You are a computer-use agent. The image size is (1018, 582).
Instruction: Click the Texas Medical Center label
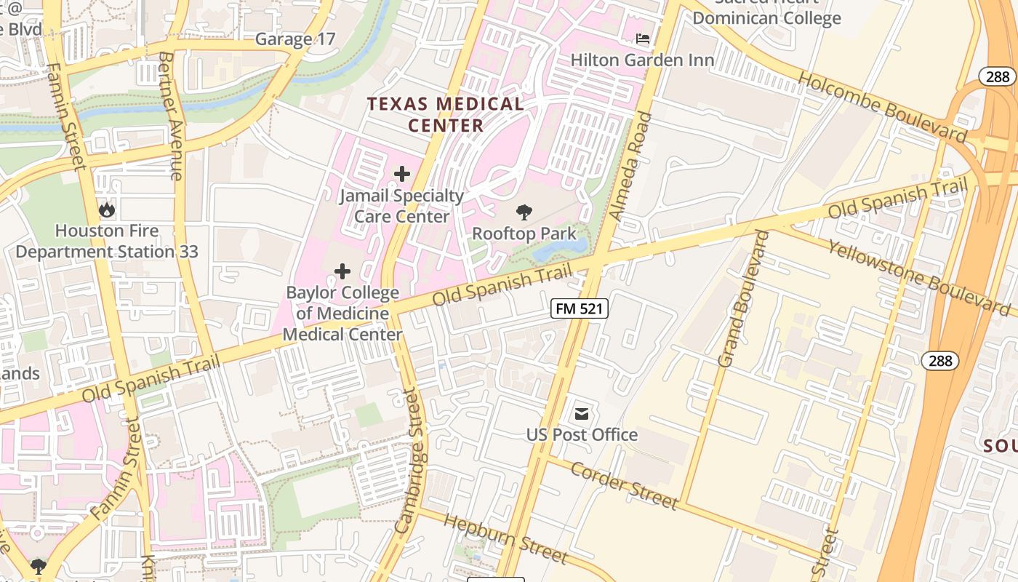click(445, 114)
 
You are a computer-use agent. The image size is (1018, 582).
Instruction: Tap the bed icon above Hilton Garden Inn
click(643, 39)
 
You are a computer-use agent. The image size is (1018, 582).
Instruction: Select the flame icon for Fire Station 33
click(107, 210)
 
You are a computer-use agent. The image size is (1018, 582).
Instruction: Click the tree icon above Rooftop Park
click(524, 213)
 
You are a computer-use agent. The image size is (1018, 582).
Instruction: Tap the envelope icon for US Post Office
click(582, 414)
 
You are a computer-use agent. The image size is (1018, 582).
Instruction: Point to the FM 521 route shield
click(579, 308)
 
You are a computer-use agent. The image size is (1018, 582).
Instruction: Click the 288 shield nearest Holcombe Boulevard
click(997, 76)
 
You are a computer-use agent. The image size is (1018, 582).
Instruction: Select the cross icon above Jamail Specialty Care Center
click(401, 174)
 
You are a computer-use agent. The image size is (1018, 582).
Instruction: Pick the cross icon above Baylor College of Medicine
click(342, 272)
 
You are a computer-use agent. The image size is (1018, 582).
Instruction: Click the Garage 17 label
click(295, 39)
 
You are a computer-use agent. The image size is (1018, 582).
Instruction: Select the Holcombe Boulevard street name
click(883, 107)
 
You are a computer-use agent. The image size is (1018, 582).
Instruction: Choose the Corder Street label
click(624, 485)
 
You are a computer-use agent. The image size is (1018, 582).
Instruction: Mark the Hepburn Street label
click(505, 538)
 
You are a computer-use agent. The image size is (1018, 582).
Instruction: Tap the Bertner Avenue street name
click(171, 116)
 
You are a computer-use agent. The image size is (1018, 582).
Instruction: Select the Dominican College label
click(766, 17)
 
